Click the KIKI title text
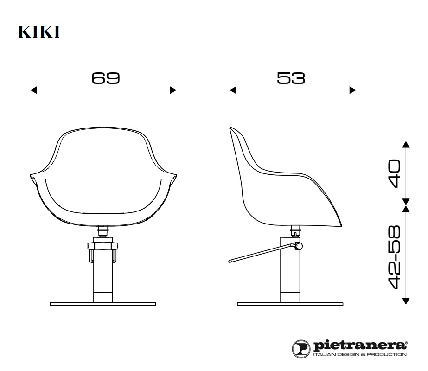click(39, 32)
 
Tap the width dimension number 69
click(106, 78)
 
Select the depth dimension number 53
click(291, 78)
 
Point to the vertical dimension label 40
click(396, 174)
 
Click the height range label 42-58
click(396, 257)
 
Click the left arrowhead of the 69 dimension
click(33, 90)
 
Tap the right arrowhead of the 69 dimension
click(173, 90)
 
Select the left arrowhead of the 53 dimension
click(233, 90)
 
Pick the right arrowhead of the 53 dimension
click(353, 90)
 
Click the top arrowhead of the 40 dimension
click(406, 144)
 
